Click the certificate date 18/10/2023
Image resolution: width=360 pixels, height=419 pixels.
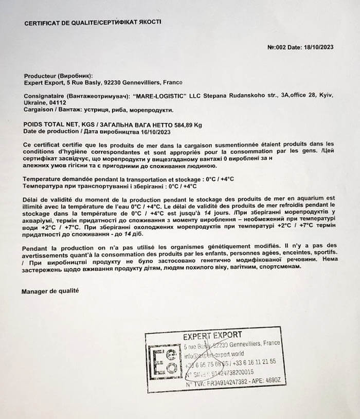pyautogui.click(x=317, y=47)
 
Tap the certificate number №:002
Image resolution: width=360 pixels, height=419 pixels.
pyautogui.click(x=278, y=47)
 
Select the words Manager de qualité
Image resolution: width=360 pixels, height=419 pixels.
pyautogui.click(x=50, y=291)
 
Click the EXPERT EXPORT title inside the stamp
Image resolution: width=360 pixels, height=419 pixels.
pyautogui.click(x=212, y=335)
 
